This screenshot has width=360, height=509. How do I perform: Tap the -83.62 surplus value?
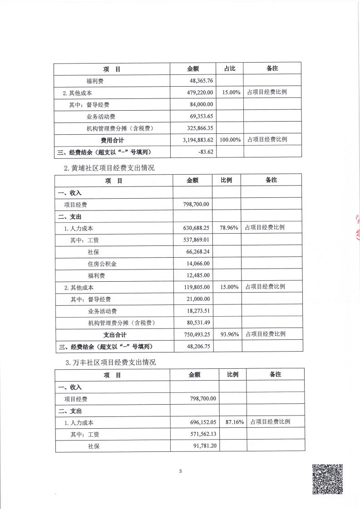pos(206,152)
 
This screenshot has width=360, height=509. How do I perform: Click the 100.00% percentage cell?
pos(230,140)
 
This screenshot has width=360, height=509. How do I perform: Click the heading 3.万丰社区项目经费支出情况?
pos(110,362)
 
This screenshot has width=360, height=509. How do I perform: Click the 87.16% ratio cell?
pos(234,422)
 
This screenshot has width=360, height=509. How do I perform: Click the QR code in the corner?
pos(327,479)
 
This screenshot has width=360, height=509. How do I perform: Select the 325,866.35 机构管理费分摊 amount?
pos(197,128)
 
